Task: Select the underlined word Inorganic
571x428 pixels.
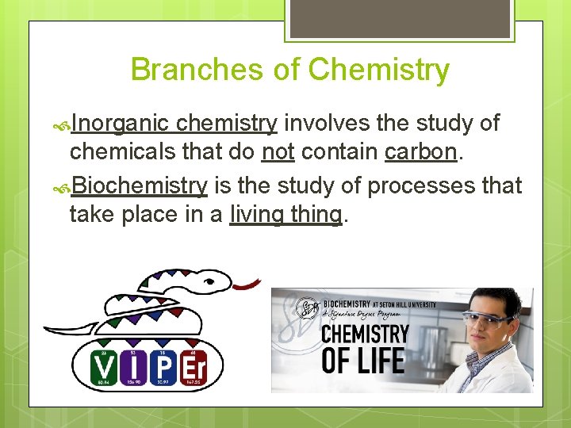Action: click(120, 124)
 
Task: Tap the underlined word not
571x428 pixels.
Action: click(278, 151)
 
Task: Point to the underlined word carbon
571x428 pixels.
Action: click(421, 151)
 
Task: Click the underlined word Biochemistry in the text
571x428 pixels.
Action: click(140, 186)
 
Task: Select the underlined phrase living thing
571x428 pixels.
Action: click(286, 214)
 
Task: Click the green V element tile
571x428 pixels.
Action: click(103, 367)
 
